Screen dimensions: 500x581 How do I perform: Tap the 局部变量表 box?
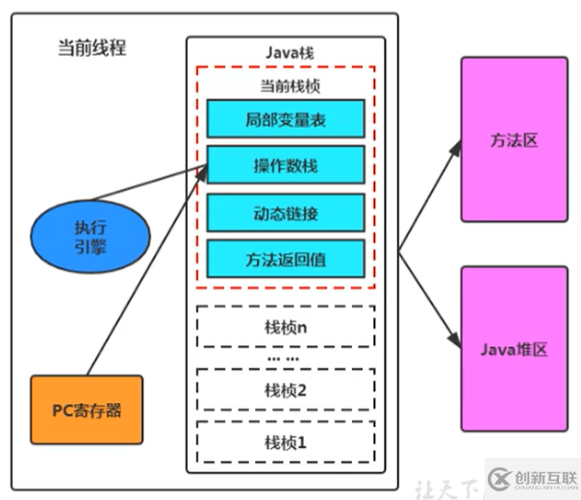click(x=285, y=119)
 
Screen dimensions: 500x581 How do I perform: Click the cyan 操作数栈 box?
click(x=285, y=165)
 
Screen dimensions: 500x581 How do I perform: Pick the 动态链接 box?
click(x=285, y=212)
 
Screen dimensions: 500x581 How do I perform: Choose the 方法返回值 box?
click(x=285, y=258)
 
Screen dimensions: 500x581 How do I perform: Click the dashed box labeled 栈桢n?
click(x=285, y=326)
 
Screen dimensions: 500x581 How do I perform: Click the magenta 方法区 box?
click(x=513, y=140)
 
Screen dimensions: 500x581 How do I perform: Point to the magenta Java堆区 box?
click(x=513, y=349)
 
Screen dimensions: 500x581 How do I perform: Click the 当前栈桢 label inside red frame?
click(x=285, y=86)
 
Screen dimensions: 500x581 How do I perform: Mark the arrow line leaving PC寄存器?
click(x=144, y=279)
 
